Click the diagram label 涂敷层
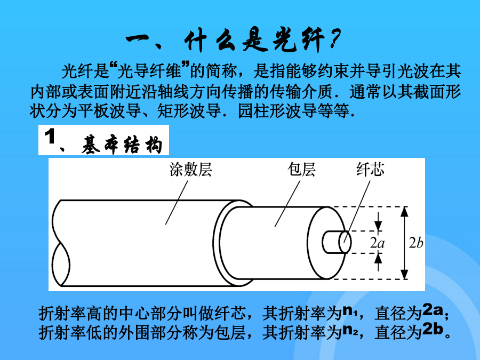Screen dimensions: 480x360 [x=190, y=170]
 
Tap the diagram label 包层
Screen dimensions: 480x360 [x=301, y=170]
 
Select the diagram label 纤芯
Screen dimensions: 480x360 [x=370, y=170]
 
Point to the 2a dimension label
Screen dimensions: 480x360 [x=377, y=243]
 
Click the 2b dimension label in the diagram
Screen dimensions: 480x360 [x=416, y=243]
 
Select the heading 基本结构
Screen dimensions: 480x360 [x=122, y=145]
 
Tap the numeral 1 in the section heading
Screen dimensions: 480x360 [x=50, y=137]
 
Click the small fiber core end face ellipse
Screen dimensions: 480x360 [x=345, y=242]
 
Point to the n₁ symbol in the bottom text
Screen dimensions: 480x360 [x=349, y=311]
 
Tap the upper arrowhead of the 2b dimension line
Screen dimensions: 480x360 [x=405, y=211]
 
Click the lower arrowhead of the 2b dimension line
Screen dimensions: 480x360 [x=405, y=274]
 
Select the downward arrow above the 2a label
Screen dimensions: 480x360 [x=379, y=222]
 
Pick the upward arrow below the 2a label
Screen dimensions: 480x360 [x=379, y=262]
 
